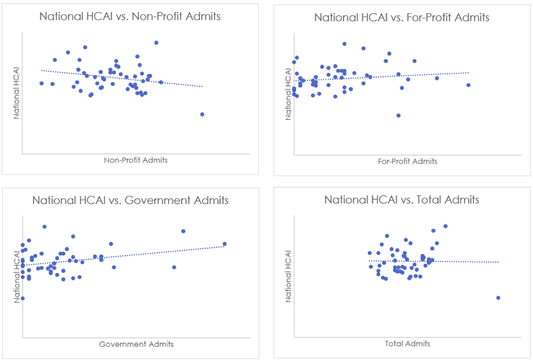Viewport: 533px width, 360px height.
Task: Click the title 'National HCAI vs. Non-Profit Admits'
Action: pos(130,16)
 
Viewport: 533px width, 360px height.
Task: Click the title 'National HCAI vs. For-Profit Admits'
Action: pos(402,18)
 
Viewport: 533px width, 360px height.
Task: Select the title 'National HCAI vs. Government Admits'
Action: pos(130,200)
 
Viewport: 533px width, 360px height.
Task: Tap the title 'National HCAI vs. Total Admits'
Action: pos(402,200)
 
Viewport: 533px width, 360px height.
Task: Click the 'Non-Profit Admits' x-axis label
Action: pos(136,160)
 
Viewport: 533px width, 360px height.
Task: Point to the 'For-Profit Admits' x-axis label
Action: pos(408,161)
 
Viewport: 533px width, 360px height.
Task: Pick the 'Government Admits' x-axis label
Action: pos(136,344)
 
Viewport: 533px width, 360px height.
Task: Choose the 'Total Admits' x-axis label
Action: pos(408,344)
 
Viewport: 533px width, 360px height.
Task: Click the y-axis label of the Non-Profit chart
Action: pos(16,93)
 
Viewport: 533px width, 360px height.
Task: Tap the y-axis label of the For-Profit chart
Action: pos(288,94)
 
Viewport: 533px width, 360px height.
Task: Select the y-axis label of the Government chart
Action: pos(16,277)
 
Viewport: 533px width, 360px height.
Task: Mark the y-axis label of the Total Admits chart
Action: pos(288,277)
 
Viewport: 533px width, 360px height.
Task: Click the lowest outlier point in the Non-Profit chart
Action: pos(202,114)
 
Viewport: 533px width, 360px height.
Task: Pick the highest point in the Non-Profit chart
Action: pos(156,43)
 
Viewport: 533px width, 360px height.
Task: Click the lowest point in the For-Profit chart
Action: pos(398,115)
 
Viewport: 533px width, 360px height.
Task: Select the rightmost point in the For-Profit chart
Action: pos(468,85)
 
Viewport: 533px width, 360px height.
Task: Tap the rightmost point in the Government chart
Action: pos(224,244)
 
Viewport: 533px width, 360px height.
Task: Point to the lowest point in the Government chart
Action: pos(22,298)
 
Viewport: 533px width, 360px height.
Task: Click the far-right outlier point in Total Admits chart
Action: pos(498,298)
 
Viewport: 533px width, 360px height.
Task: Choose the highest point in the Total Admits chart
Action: pos(445,226)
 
